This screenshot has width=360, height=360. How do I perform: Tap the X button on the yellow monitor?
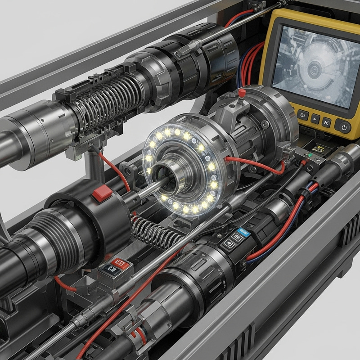point(326,122)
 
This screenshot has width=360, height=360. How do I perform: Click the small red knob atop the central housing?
point(241,94)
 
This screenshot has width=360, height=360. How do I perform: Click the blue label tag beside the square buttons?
point(245,230)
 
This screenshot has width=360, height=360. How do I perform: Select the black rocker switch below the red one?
point(109,270)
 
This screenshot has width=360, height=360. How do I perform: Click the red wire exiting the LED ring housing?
point(252,162)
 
